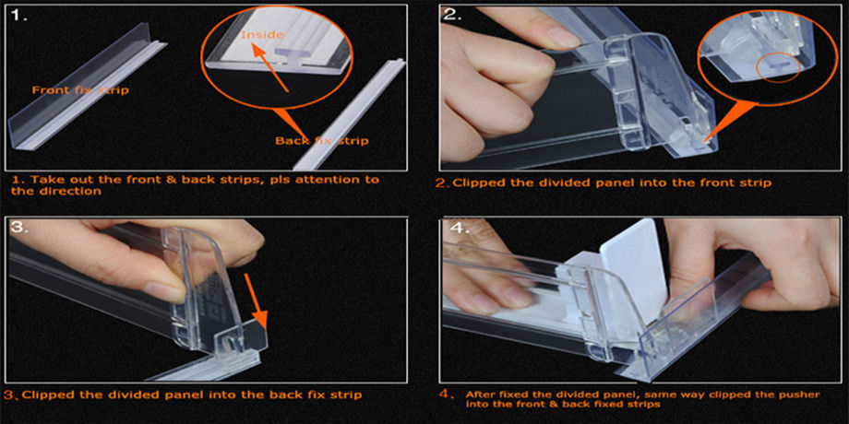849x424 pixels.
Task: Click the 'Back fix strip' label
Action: [322, 141]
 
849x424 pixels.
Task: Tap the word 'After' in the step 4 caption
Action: [480, 393]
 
